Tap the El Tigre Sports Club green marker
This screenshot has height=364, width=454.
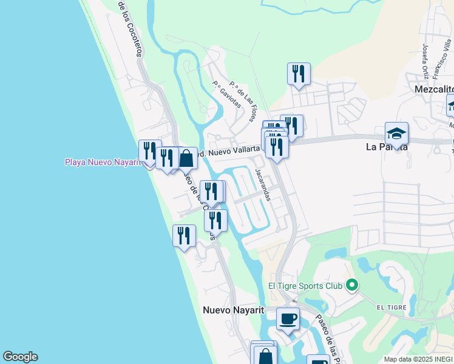[351, 285]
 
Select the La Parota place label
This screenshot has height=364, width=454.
[386, 147]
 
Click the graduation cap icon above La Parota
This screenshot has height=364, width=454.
[396, 133]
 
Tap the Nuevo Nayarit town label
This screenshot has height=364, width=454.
[233, 310]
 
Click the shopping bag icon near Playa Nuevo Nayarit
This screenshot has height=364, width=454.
[186, 158]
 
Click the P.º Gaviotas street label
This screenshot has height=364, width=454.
[226, 95]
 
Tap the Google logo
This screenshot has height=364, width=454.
[20, 357]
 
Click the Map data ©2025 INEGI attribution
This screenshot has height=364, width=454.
[418, 359]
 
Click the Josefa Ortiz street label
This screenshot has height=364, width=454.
[425, 61]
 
